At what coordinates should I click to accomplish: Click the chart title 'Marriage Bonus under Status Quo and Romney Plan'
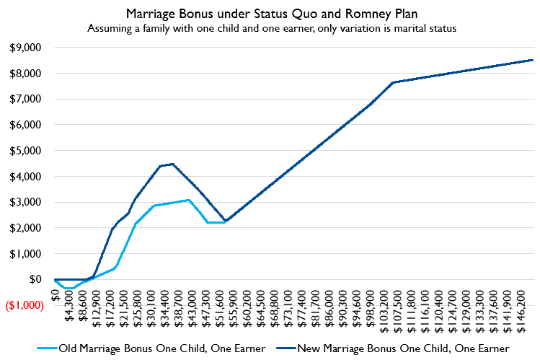(270, 13)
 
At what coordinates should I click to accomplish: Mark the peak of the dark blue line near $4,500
(172, 164)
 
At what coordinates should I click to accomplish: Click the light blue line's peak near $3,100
(188, 200)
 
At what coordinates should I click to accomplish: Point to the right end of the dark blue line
(532, 60)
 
